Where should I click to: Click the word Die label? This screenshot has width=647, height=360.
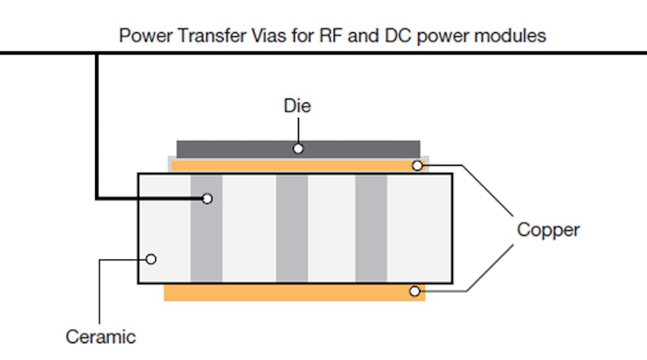coord(297,106)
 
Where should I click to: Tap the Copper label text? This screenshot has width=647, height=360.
coord(548,229)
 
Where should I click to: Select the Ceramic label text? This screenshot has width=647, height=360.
coord(100,337)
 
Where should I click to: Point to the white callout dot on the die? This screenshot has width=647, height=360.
coord(298,149)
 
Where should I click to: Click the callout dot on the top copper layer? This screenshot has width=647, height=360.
coord(417,166)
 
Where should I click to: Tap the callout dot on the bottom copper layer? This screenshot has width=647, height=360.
coord(415,292)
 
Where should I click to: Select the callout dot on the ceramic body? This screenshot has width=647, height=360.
coord(151,259)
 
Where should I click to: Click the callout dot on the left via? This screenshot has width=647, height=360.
coord(206,199)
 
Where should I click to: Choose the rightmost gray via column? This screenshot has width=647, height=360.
coord(371,228)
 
